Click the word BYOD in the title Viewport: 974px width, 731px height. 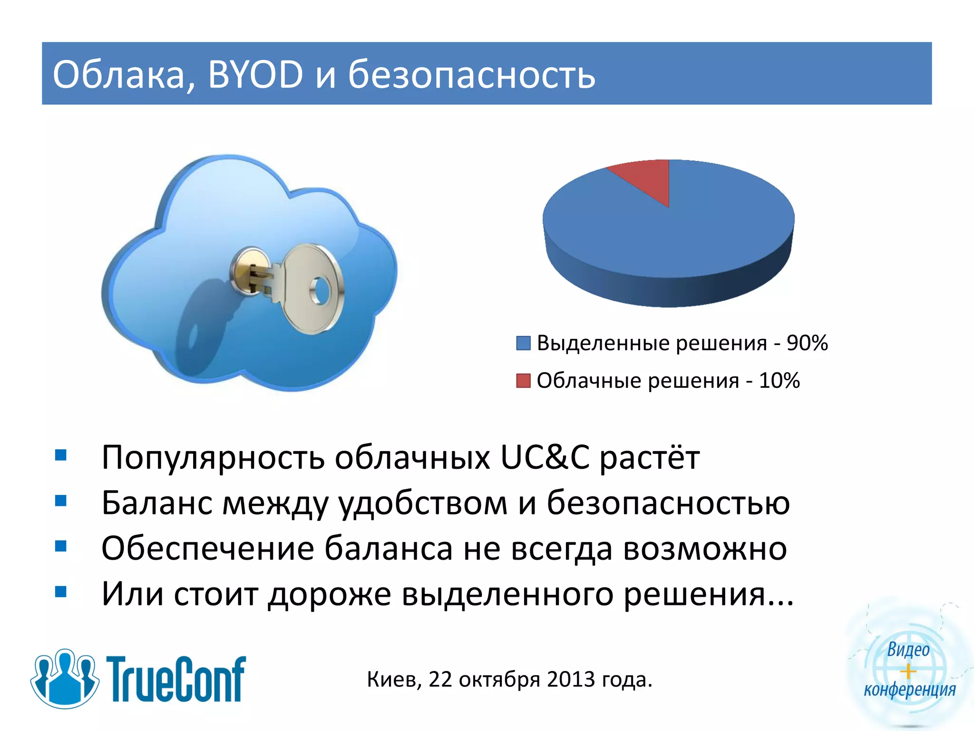tap(255, 75)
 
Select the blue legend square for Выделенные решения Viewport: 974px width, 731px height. tap(523, 343)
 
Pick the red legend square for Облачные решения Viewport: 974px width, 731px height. tap(523, 381)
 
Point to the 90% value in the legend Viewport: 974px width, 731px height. tap(807, 343)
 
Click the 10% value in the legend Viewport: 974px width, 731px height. tap(779, 381)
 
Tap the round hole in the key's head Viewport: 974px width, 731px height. tap(320, 291)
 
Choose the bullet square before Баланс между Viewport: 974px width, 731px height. tap(61, 501)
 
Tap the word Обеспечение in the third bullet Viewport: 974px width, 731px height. tap(208, 549)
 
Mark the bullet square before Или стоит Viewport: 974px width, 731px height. tap(61, 592)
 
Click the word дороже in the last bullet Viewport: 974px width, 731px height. tap(329, 594)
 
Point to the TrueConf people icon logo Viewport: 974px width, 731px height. tap(65, 678)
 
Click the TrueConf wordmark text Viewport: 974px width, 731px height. tap(176, 679)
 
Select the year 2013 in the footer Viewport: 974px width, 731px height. tap(571, 680)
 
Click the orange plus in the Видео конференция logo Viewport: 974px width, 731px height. tap(908, 672)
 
